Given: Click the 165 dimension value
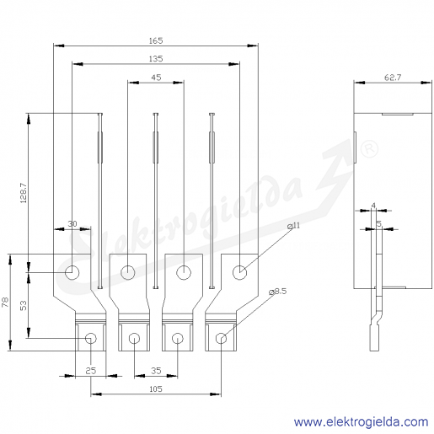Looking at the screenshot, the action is pos(156,40).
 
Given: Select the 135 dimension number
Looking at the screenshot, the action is pos(156,59).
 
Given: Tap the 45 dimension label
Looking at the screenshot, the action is pos(156,78).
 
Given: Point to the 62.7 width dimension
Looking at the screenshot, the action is pos(393,78).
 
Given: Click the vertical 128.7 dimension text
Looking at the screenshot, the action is pos(24,193).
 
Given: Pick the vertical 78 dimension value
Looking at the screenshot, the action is pos(6,303).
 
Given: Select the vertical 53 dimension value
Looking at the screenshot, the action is pos(24,305).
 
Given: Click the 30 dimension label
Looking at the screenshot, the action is pos(72,224).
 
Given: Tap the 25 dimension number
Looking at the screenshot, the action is pos(90,371).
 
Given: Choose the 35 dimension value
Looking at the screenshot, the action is pos(156,371).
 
